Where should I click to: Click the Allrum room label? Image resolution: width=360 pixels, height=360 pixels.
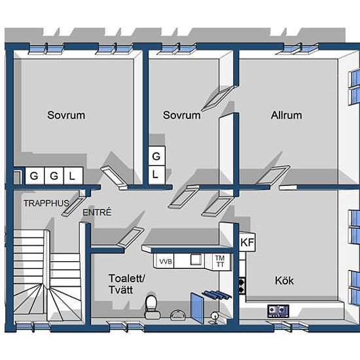(x=286, y=115)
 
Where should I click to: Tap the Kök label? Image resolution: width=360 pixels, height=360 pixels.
(x=284, y=281)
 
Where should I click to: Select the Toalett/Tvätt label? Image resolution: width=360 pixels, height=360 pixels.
(x=127, y=284)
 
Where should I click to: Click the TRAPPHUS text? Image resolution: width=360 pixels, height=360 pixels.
(x=46, y=203)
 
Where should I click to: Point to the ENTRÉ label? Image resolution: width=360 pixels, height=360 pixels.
(x=97, y=212)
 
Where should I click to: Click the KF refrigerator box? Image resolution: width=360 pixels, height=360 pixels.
(x=247, y=242)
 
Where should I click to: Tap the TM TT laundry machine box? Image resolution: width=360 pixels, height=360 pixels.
(x=220, y=261)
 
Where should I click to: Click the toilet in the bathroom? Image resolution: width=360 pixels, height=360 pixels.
(x=151, y=307)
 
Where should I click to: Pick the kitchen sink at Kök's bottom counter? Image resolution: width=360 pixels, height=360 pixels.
(x=278, y=311)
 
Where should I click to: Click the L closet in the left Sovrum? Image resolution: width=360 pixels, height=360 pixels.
(x=73, y=176)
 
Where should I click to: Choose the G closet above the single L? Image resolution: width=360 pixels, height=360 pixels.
(x=156, y=156)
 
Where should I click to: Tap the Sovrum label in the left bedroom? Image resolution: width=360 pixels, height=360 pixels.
(x=66, y=115)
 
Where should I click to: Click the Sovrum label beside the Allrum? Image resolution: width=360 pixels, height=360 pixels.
(x=181, y=115)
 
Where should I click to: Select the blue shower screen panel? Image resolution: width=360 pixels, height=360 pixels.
(x=197, y=308)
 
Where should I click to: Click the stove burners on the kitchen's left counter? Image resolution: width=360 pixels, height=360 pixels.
(x=242, y=285)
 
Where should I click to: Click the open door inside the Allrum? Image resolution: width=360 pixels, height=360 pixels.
(x=273, y=175)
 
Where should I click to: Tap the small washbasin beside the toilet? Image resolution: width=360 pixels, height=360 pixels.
(x=179, y=315)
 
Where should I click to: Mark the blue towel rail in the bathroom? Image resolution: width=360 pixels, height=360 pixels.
(x=217, y=295)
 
